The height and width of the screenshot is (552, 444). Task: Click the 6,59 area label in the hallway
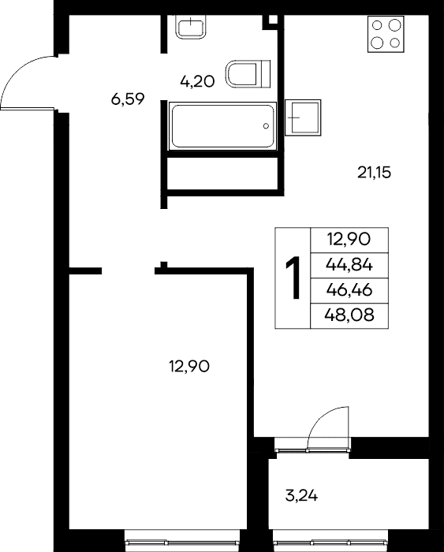[128, 99]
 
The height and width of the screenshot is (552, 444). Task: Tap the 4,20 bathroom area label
[197, 82]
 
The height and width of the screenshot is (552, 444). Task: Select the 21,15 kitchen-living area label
[375, 173]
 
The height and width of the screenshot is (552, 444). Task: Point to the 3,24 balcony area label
[301, 496]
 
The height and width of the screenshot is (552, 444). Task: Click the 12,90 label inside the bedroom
[189, 367]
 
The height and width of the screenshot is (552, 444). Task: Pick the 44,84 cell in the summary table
[349, 265]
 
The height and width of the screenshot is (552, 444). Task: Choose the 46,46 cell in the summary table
[349, 290]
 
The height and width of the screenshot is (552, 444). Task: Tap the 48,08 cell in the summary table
[349, 315]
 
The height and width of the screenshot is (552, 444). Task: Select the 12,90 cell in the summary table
[349, 240]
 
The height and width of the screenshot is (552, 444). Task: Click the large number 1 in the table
[293, 278]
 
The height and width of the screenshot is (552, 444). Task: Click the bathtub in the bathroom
[222, 125]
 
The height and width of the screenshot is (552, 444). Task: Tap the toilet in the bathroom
[248, 74]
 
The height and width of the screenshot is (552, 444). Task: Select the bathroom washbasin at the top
[191, 27]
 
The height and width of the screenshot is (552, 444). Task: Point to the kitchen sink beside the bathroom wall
[303, 117]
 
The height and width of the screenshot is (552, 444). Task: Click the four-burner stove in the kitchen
[386, 34]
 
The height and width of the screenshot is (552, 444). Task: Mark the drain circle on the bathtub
[266, 126]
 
